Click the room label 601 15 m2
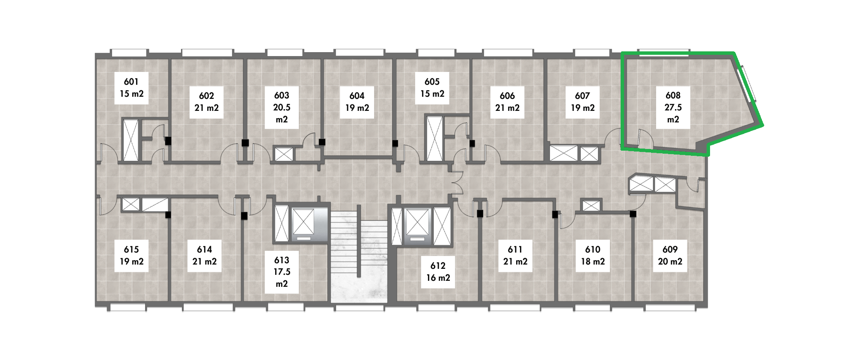coord(131,88)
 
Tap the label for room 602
coord(207,102)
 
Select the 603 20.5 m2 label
coord(282,107)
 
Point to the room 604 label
coord(357,102)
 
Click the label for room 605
coord(432,88)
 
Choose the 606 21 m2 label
coord(508,102)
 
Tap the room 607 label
coord(583,102)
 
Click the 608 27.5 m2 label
coord(673,107)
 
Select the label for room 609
coord(670,256)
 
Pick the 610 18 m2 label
coord(593,256)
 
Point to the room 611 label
coord(515,256)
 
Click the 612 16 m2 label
coord(438,272)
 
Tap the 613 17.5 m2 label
coord(282,272)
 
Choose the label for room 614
coord(205,256)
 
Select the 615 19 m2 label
coord(131,256)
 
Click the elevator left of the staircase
coord(303,225)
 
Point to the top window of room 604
coord(360,53)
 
